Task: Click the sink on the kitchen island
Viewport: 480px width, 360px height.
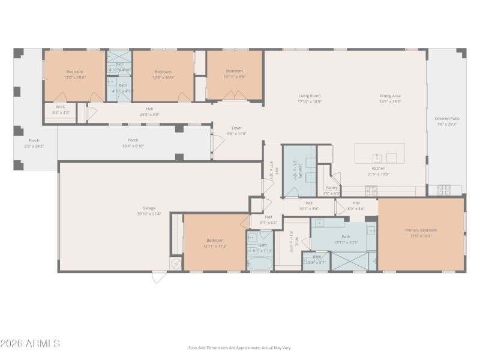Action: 377,158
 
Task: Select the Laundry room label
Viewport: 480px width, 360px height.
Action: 295,170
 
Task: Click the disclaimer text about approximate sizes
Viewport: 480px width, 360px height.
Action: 239,347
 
